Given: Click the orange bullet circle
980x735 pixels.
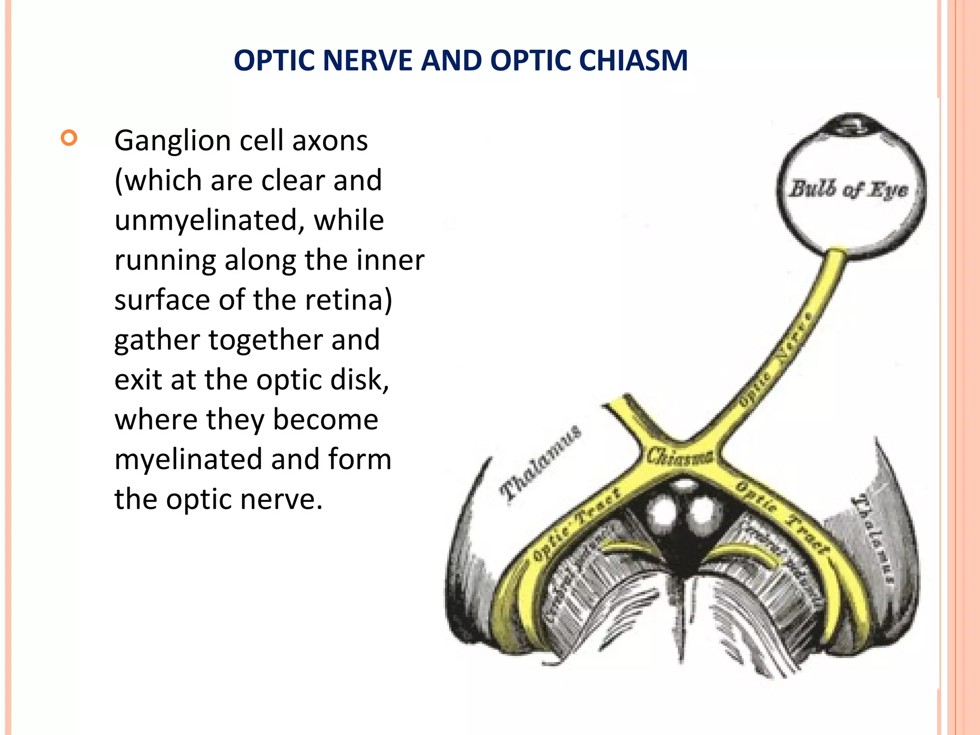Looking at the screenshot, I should (69, 138).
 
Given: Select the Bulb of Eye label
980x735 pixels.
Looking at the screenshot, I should (848, 189).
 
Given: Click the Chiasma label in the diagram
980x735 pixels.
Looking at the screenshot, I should (679, 456).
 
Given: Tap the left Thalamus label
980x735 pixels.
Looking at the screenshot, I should (540, 464).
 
